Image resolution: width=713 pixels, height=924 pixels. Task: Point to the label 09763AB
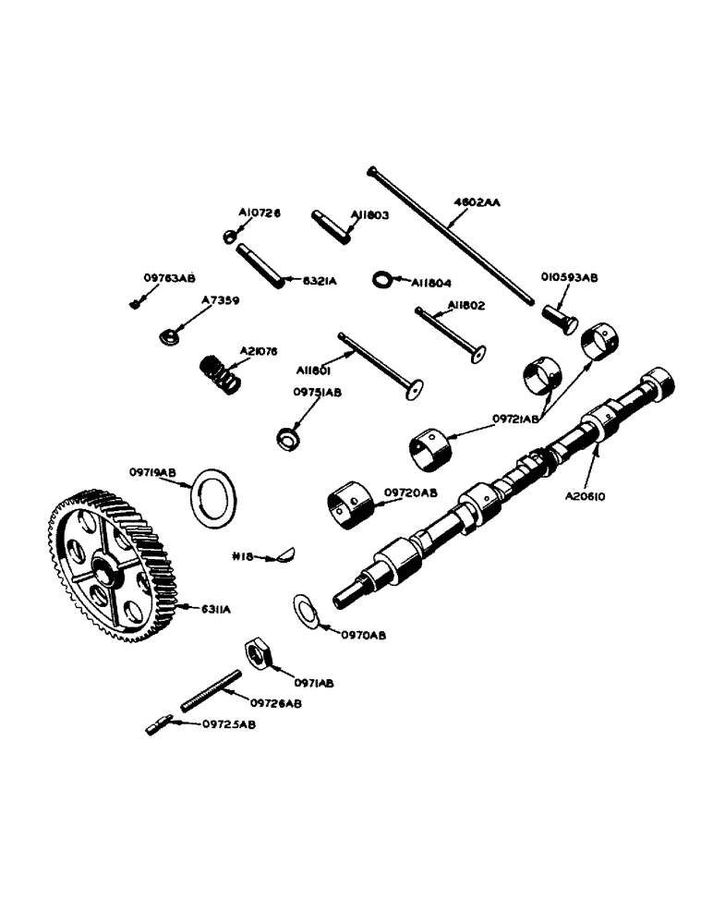[x=169, y=276]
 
